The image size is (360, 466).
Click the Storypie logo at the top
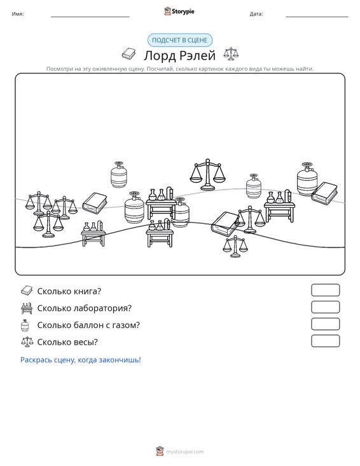179,11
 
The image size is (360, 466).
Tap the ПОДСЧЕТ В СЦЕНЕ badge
180,40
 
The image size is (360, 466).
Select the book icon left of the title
128,54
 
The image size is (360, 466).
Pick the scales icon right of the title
231,54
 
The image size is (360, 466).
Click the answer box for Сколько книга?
325,290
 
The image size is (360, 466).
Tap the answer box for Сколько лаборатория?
325,307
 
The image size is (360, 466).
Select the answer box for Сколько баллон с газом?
325,324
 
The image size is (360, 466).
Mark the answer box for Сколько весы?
325,341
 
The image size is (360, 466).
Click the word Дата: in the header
256,14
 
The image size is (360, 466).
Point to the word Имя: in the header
18,14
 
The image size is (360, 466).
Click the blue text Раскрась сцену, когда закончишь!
81,360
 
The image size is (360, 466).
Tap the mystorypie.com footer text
185,452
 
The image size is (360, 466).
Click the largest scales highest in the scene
207,174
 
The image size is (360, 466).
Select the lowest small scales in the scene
235,247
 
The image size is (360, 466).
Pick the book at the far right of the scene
324,193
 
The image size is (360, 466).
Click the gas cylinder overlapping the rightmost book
307,179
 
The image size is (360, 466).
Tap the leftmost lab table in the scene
93,233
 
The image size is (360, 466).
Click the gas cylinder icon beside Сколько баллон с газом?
25,326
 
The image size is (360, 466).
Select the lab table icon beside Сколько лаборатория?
27,308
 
